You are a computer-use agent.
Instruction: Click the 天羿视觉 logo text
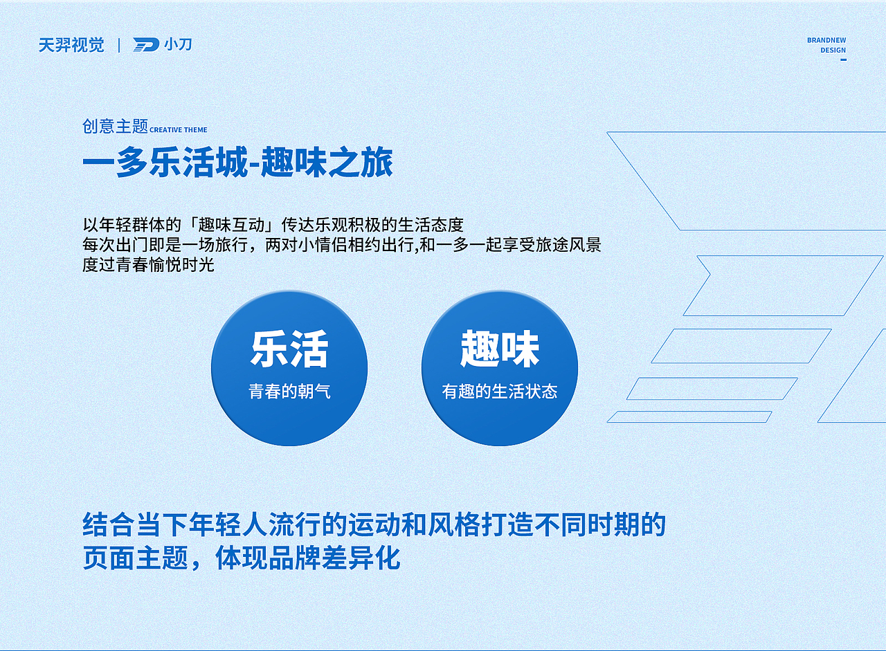tap(71, 46)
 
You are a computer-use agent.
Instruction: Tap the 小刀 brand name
tap(178, 45)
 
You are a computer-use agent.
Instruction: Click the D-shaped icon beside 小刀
tap(146, 45)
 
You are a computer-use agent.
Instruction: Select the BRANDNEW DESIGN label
tap(826, 45)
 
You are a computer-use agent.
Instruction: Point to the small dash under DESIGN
tap(843, 59)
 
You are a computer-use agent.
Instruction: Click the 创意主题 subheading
tap(116, 126)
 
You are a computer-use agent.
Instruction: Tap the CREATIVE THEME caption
tap(179, 130)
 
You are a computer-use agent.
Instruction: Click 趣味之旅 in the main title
tap(327, 164)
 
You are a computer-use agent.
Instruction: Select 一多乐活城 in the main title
tap(165, 164)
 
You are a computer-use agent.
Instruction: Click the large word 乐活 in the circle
tap(289, 349)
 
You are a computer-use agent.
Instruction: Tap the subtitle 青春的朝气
tap(289, 392)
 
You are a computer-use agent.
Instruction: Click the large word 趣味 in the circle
tap(500, 349)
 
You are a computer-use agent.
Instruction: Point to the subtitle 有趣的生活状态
tap(500, 392)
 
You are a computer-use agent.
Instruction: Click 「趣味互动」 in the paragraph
tap(233, 225)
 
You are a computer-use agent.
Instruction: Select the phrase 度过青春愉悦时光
tap(148, 264)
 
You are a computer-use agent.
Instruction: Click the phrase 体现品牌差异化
tap(308, 558)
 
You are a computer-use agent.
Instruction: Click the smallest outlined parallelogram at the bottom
tap(689, 417)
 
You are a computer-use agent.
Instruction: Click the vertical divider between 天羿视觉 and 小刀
tap(119, 46)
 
